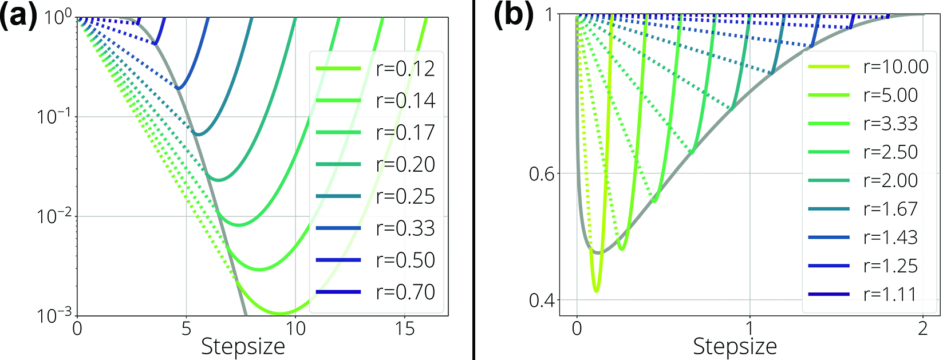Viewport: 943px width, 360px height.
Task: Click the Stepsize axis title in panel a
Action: click(x=243, y=347)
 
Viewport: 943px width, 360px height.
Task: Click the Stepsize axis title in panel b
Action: click(x=735, y=347)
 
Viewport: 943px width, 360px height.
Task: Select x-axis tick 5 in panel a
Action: click(x=186, y=329)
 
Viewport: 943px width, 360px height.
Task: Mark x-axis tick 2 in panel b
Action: click(x=922, y=329)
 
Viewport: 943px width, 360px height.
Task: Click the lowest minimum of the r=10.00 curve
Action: click(x=596, y=291)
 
